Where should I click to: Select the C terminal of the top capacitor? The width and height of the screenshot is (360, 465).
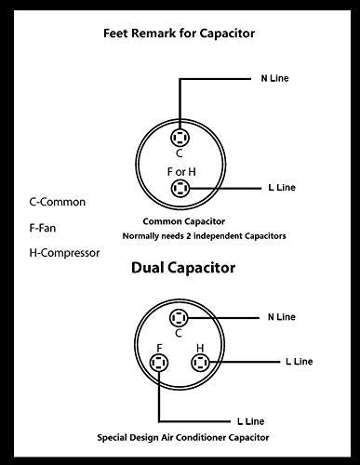[x=179, y=138]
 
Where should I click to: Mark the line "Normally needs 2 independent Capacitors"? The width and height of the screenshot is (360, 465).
[x=204, y=236]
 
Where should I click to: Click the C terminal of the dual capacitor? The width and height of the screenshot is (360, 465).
[x=180, y=319]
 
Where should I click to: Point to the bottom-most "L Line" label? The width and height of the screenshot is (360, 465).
[x=257, y=420]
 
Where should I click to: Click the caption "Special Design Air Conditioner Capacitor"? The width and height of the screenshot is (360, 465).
[x=190, y=435]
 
